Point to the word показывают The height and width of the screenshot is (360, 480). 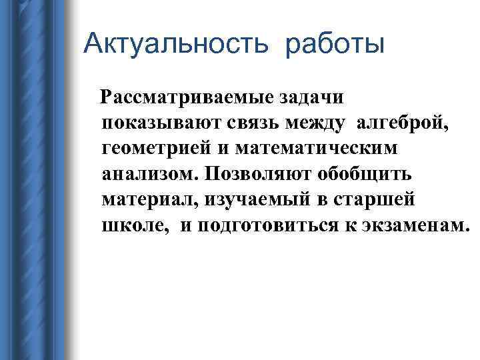pos(167,123)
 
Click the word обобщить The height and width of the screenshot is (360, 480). pos(374,173)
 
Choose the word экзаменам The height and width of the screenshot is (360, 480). pos(413,225)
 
